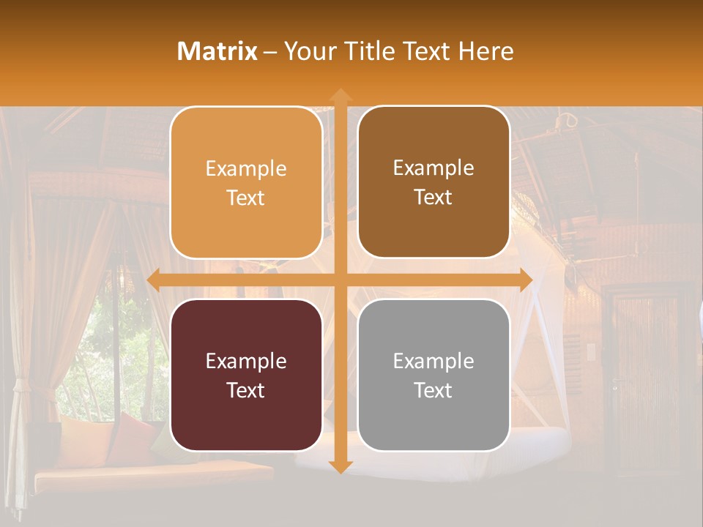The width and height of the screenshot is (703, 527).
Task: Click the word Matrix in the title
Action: point(217,51)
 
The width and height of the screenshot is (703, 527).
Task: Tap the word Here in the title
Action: point(486,51)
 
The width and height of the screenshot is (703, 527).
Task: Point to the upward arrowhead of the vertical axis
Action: point(340,95)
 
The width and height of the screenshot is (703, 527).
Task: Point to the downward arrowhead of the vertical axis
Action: point(340,466)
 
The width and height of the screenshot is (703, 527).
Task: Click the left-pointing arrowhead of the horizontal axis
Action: point(155,280)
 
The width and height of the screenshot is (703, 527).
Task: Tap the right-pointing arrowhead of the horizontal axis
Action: point(525,280)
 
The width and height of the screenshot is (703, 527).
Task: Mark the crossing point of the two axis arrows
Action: point(340,280)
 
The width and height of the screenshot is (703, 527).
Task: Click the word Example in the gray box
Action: point(434,361)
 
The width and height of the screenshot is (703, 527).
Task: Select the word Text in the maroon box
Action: point(246,390)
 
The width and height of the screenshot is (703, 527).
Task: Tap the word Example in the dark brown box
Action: point(434,168)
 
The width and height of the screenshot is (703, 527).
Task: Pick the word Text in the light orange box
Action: point(246,198)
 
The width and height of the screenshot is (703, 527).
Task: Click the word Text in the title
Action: point(429,51)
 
